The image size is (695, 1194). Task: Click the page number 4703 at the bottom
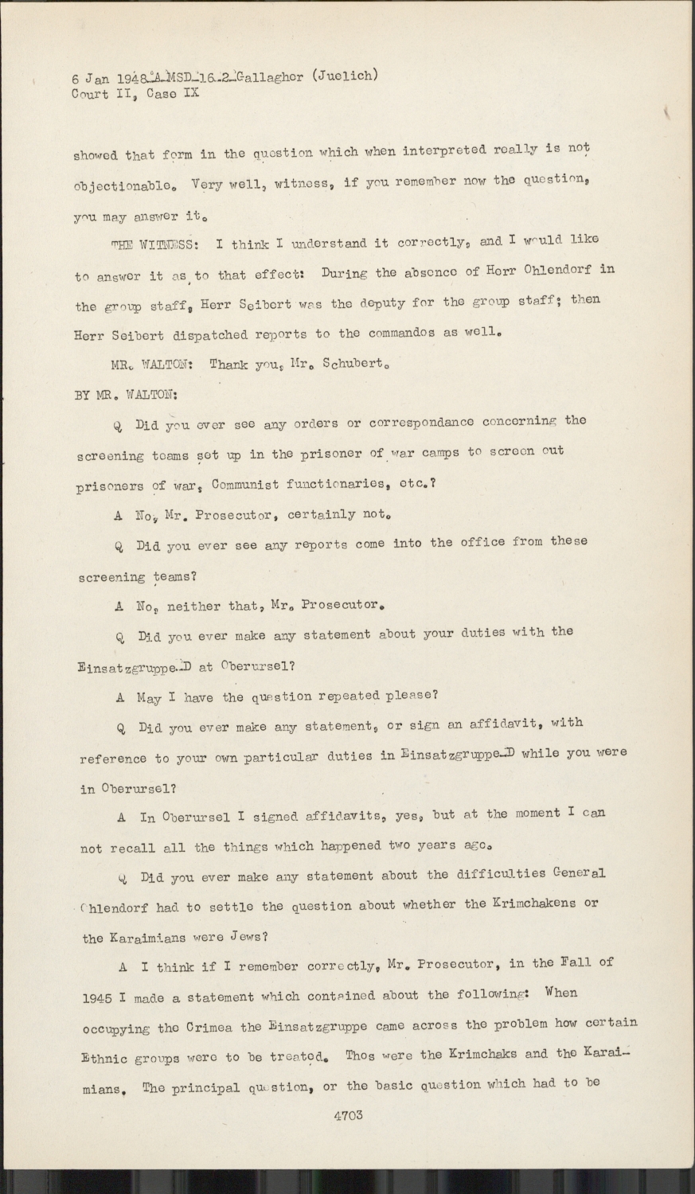pyautogui.click(x=349, y=1115)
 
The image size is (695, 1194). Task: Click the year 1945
pyautogui.click(x=101, y=997)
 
